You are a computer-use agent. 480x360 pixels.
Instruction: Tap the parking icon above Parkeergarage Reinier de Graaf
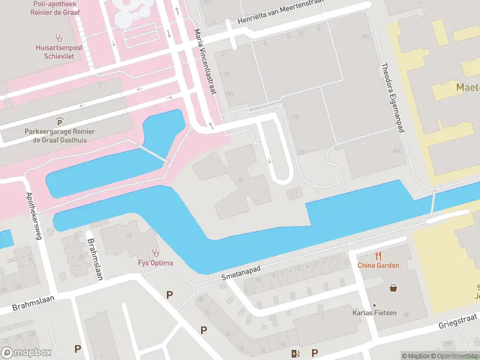pos(59,122)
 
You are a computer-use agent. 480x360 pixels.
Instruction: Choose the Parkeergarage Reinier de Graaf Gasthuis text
pos(59,135)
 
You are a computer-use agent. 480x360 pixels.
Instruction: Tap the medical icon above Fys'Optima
pos(156,253)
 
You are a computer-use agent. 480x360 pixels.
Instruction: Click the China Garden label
pos(378,265)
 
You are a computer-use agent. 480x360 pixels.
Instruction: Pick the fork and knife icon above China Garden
pos(378,256)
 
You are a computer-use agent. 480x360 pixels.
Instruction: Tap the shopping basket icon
pos(394,288)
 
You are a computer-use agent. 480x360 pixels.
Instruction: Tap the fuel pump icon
pos(294,353)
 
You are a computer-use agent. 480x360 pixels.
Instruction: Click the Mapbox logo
pos(26,353)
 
